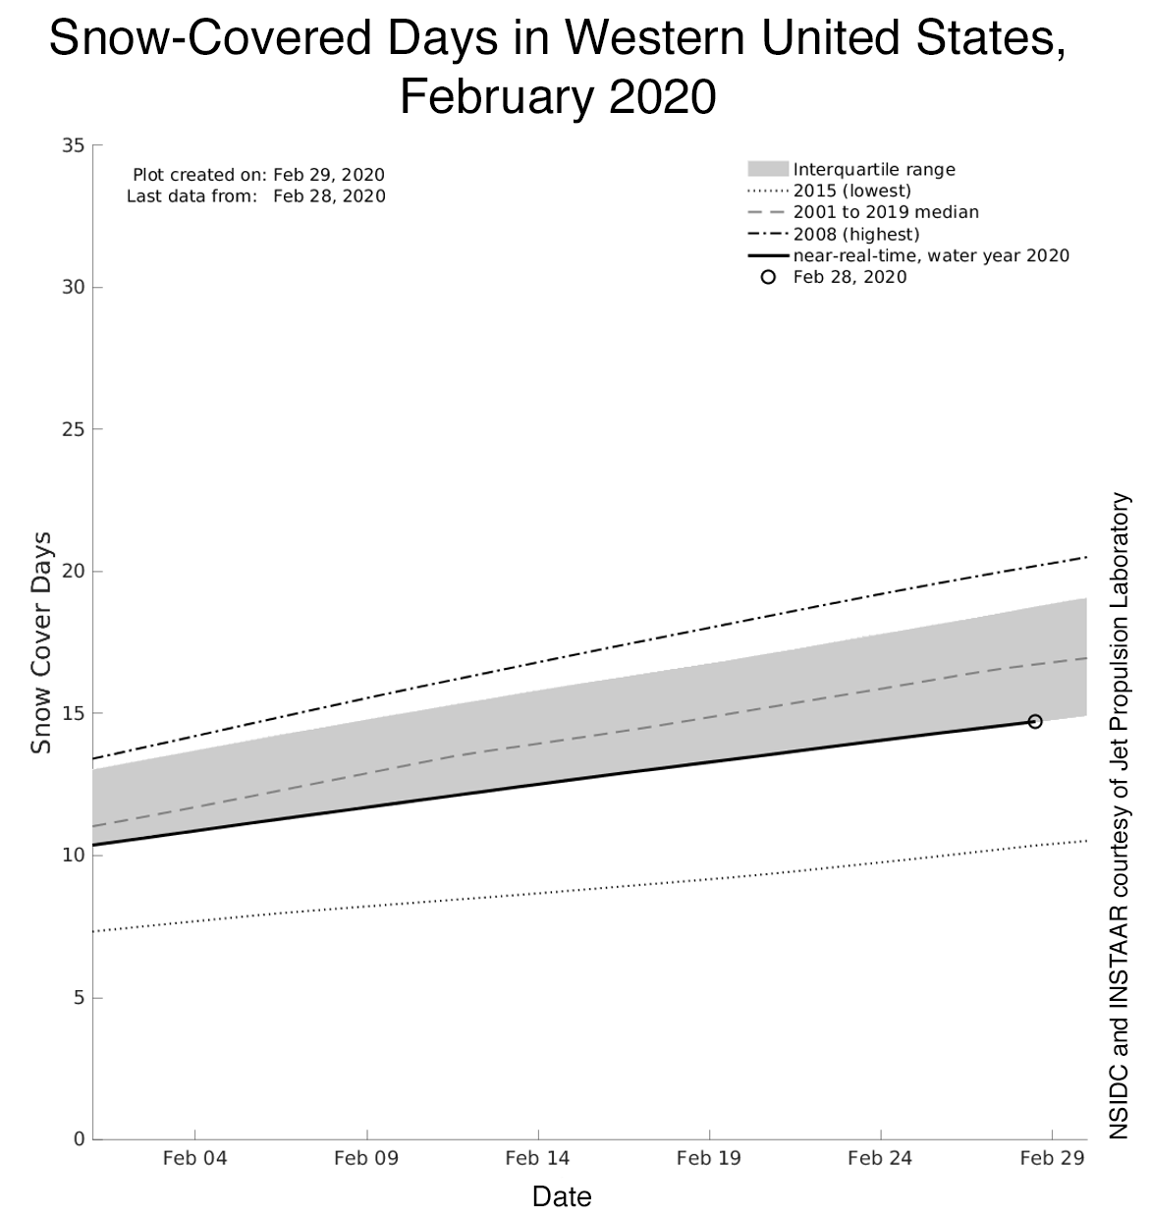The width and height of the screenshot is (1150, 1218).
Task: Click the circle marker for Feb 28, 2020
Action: (1034, 721)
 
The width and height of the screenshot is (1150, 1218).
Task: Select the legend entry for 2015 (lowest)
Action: (851, 191)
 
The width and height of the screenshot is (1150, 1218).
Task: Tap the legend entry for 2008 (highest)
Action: (855, 234)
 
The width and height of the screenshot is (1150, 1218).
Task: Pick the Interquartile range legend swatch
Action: (768, 169)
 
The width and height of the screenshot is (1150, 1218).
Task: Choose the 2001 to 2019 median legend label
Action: (885, 212)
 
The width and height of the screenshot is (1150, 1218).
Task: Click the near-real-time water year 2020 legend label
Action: (931, 255)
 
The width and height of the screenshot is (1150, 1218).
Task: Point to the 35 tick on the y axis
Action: (73, 145)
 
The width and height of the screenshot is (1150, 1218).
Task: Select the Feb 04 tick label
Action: (194, 1158)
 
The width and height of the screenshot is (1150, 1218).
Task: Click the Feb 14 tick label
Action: (537, 1158)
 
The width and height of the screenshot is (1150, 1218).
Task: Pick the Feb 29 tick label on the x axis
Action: (1051, 1158)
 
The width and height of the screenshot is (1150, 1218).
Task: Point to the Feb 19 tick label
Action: (708, 1158)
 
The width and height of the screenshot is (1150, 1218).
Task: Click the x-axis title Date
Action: (562, 1196)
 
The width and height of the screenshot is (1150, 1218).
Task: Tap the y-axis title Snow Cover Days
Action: (41, 642)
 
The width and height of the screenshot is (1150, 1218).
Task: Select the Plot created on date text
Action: (258, 175)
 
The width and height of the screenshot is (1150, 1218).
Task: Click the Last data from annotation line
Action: (255, 195)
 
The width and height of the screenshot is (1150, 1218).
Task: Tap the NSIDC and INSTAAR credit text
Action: (1121, 815)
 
